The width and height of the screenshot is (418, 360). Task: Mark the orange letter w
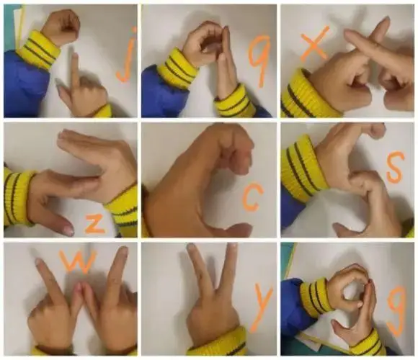(77, 261)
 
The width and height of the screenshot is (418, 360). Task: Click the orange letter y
(260, 306)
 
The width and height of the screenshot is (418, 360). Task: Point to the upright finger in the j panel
(76, 69)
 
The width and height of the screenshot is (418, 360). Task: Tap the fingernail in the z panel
(68, 230)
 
